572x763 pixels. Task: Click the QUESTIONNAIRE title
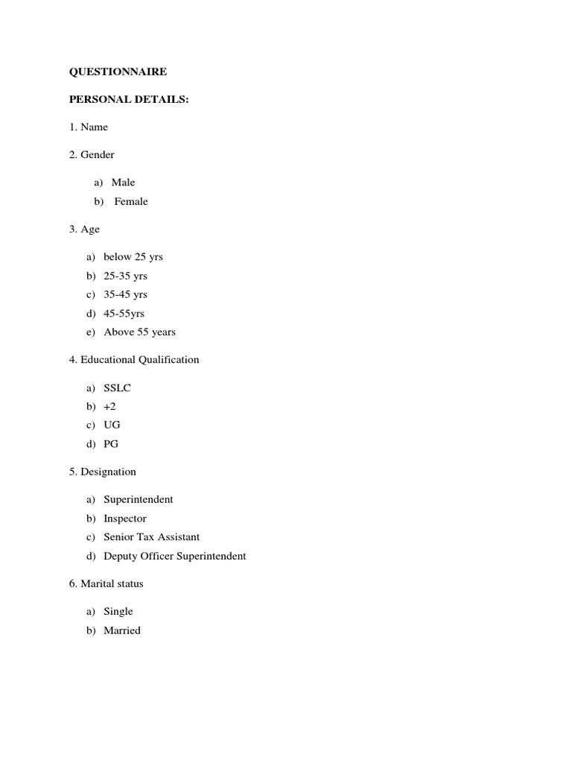tap(118, 72)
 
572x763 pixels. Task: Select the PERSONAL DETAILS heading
tap(129, 99)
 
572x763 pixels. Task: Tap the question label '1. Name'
tap(89, 127)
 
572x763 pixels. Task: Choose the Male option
tap(123, 182)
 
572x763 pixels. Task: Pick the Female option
tap(131, 201)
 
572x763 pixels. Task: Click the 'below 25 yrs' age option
tap(133, 256)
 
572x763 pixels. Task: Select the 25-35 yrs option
tap(125, 276)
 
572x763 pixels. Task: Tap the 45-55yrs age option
tap(124, 313)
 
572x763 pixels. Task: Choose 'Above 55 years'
tap(139, 332)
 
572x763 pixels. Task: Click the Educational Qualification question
tap(134, 359)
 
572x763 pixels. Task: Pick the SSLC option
tap(117, 387)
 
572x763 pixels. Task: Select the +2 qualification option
tap(109, 406)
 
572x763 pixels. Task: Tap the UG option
tap(112, 425)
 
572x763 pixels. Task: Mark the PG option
tap(111, 443)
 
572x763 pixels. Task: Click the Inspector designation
tap(124, 518)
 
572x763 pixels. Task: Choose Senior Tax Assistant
tap(151, 536)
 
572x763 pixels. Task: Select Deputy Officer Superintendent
tap(174, 556)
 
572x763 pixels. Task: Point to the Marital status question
tap(106, 583)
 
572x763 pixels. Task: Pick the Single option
tap(118, 611)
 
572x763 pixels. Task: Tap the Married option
tap(121, 630)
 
